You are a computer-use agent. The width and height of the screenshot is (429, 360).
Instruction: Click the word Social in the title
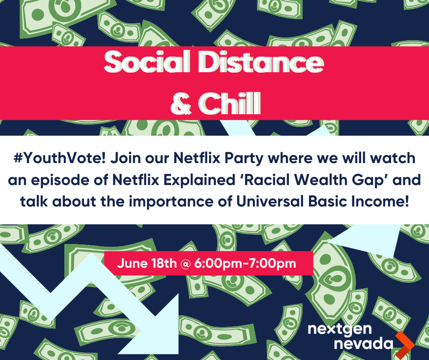click(147, 62)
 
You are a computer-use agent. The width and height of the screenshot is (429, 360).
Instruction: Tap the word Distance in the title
click(261, 62)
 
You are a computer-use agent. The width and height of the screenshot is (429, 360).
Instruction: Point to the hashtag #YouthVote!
click(60, 158)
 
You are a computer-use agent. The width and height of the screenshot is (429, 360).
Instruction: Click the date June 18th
click(147, 263)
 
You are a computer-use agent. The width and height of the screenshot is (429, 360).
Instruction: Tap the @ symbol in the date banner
click(185, 264)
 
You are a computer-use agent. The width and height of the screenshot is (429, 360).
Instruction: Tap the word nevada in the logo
click(364, 344)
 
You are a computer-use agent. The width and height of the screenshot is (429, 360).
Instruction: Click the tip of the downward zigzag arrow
click(178, 354)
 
